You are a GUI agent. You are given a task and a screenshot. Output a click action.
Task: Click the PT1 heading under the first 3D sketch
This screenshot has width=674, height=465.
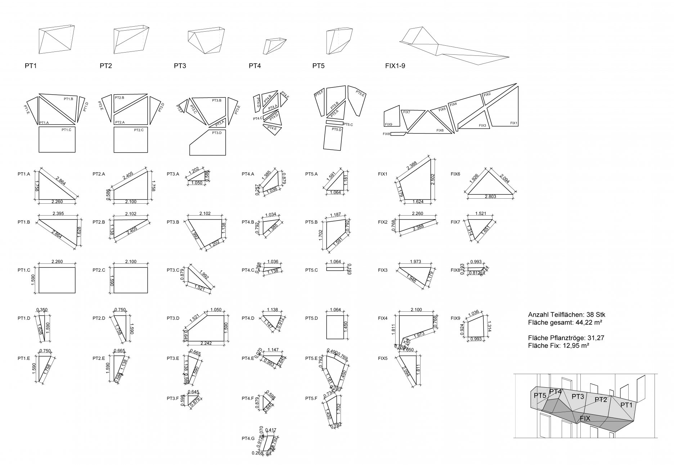31,66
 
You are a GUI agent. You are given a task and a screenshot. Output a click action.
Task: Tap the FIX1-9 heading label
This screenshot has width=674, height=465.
395,66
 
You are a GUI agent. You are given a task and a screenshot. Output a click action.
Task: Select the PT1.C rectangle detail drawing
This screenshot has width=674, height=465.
57,280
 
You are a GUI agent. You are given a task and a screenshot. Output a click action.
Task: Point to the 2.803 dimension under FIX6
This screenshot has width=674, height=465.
490,197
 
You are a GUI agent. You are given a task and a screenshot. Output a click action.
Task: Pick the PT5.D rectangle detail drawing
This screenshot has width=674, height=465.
335,327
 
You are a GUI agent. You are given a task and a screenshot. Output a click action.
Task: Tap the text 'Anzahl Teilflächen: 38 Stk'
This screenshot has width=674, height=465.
566,315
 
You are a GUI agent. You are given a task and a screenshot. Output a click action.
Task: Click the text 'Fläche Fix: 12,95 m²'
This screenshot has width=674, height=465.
558,346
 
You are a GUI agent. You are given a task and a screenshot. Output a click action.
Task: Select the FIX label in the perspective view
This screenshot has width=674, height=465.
585,419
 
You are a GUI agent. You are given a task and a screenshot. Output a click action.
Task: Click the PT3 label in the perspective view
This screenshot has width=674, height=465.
578,397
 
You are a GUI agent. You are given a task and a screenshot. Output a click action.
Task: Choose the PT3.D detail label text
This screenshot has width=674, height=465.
173,318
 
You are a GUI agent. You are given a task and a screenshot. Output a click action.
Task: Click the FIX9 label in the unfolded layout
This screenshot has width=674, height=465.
388,125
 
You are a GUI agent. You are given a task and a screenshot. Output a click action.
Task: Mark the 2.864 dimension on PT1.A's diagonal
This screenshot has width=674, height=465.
60,181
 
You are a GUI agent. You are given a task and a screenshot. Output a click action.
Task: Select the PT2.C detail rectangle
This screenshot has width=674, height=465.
131,280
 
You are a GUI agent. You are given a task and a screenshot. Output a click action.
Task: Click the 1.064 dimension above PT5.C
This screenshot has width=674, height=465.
335,262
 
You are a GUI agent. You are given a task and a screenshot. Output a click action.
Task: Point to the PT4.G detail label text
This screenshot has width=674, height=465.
248,438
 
